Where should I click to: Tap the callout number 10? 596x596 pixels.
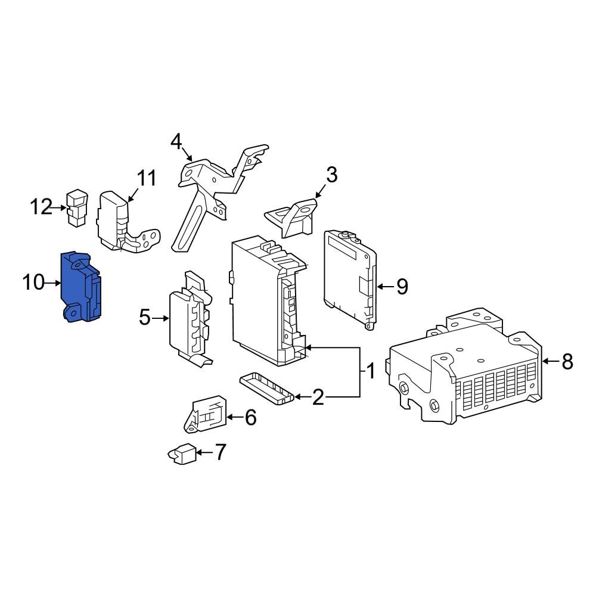[x=34, y=283]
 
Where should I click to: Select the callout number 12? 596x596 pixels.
[x=42, y=207]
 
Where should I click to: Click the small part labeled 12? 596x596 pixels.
[x=76, y=208]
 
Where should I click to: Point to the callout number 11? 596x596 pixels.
[x=146, y=178]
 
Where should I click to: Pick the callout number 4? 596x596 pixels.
[x=176, y=142]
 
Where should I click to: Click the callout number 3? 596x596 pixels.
[x=331, y=175]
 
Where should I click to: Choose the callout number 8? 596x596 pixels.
[x=567, y=361]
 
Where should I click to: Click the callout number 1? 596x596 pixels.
[x=370, y=372]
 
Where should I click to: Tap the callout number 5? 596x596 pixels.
[x=145, y=318]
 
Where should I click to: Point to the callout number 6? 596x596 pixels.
[x=250, y=418]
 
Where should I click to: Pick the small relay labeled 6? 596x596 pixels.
[x=206, y=412]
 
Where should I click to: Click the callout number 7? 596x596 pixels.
[x=220, y=452]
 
